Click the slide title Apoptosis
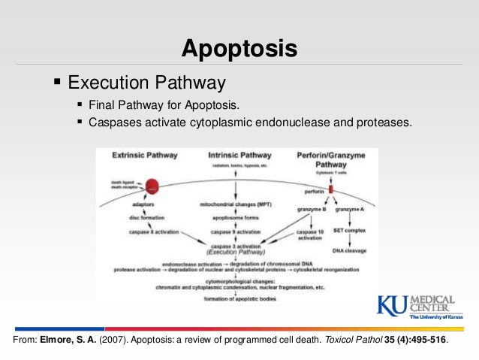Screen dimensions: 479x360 [x=239, y=50]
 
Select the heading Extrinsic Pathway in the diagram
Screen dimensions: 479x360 [x=144, y=155]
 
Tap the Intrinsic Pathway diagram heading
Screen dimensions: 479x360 [x=239, y=155]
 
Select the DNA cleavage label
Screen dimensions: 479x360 [x=351, y=252]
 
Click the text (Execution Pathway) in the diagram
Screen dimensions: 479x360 [x=236, y=253]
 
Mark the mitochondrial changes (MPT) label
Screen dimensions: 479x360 [x=236, y=204]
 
